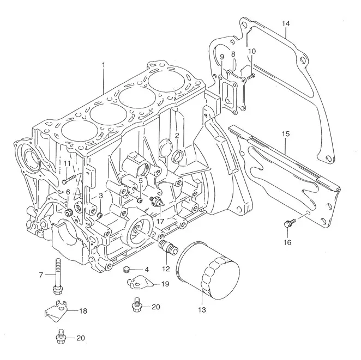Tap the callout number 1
103,65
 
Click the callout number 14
286,23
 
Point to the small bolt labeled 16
289,222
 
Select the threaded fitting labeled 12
167,247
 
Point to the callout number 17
160,221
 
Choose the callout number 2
177,135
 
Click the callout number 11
67,163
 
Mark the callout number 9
222,57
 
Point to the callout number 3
100,196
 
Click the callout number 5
140,180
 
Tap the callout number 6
68,192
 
